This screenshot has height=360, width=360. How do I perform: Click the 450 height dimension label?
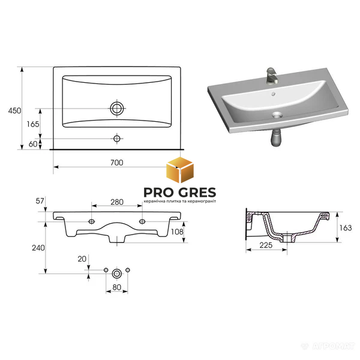point(14,110)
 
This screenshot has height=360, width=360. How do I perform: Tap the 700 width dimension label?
point(117,163)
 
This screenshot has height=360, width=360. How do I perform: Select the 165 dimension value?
point(33,124)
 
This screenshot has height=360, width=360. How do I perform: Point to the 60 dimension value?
point(33,144)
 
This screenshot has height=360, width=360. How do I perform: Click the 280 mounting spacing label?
point(117,202)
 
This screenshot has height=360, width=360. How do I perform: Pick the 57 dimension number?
point(40,201)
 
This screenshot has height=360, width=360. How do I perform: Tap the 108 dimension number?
point(177,232)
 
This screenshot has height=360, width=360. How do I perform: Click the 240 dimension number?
point(38,248)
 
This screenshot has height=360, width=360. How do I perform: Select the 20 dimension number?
point(82,259)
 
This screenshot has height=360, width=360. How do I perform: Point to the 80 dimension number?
point(117,287)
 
